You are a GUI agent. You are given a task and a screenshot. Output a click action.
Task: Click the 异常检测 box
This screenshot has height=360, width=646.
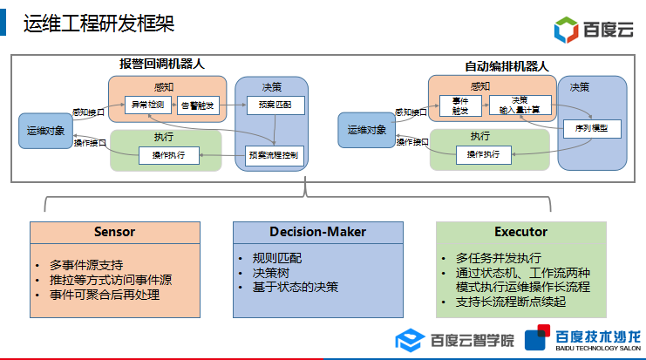tap(148, 105)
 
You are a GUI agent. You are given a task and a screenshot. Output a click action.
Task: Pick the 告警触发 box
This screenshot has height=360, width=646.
tap(199, 105)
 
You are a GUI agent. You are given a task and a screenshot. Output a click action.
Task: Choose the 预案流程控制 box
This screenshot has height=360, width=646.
tap(273, 156)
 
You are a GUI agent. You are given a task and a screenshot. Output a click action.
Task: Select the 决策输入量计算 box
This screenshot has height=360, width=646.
tap(520, 105)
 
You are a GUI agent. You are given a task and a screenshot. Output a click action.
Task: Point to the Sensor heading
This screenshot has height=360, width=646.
tap(115, 232)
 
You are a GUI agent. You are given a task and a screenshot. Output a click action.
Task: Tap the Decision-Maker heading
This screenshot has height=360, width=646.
tap(317, 232)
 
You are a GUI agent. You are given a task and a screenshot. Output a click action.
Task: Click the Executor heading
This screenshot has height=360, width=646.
tap(520, 232)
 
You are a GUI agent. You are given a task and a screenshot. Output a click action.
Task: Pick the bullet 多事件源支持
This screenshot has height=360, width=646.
tap(86, 265)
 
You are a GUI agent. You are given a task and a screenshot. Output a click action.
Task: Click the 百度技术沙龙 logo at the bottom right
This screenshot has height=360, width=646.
tap(586, 340)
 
